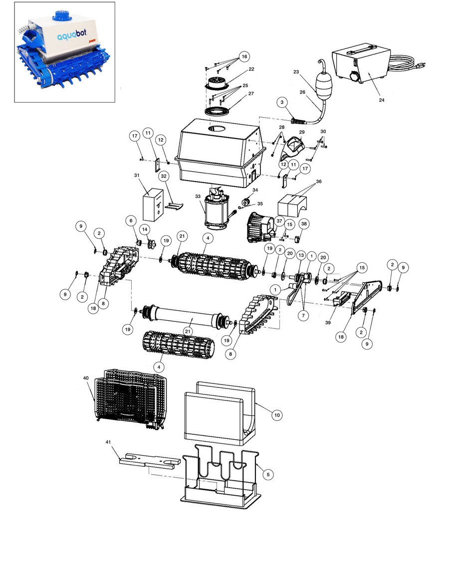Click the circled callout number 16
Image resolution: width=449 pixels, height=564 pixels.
pos(244,56)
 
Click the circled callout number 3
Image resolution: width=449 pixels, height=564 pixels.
pos(282,103)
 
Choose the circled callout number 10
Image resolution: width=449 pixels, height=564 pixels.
pos(277,415)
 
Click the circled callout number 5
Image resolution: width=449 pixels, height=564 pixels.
pos(268,474)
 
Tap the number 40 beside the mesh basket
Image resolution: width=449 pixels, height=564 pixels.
pos(86,378)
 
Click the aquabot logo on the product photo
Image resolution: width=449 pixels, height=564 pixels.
pos(72,35)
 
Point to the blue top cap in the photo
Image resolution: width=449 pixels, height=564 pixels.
pos(62,15)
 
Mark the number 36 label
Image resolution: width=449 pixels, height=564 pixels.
pos(319,182)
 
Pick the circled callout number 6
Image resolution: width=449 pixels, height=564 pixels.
pos(131,221)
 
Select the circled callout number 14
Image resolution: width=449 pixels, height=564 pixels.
pos(145,229)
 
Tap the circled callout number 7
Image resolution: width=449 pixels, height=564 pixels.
pos(303,316)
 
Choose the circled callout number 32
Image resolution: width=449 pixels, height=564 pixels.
pos(164,176)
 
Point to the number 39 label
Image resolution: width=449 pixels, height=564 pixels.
pos(328,323)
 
